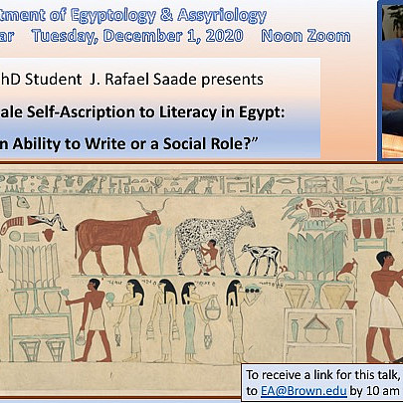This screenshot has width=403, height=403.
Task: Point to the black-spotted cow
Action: tap(199, 239)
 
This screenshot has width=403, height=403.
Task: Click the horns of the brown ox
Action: tap(148, 210)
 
